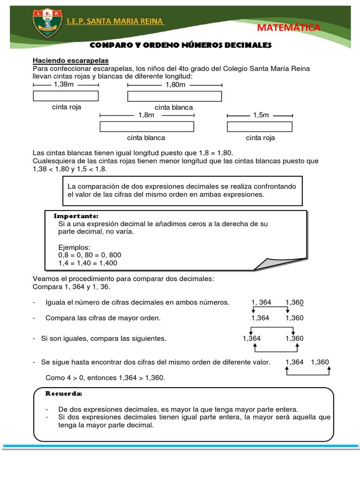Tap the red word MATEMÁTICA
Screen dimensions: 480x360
click(289, 28)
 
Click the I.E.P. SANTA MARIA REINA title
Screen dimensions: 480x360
click(115, 22)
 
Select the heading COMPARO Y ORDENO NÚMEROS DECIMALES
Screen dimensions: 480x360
click(180, 45)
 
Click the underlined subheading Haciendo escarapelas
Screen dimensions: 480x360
click(70, 60)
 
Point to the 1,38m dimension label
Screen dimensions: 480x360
click(64, 84)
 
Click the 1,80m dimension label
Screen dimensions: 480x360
click(176, 85)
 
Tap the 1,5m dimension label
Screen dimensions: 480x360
click(261, 115)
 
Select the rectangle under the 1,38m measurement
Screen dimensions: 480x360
click(66, 96)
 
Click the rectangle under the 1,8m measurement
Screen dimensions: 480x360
click(147, 127)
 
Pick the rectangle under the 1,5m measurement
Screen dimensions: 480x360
click(260, 127)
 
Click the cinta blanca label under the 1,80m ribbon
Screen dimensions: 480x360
click(173, 107)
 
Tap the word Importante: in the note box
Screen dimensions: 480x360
click(76, 216)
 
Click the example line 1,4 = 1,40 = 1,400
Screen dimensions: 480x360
click(88, 263)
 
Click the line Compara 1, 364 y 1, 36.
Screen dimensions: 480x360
click(72, 286)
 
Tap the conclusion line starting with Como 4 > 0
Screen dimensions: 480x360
click(105, 377)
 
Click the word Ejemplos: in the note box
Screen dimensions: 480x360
click(74, 247)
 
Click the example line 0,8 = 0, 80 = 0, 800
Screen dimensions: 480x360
click(90, 255)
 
